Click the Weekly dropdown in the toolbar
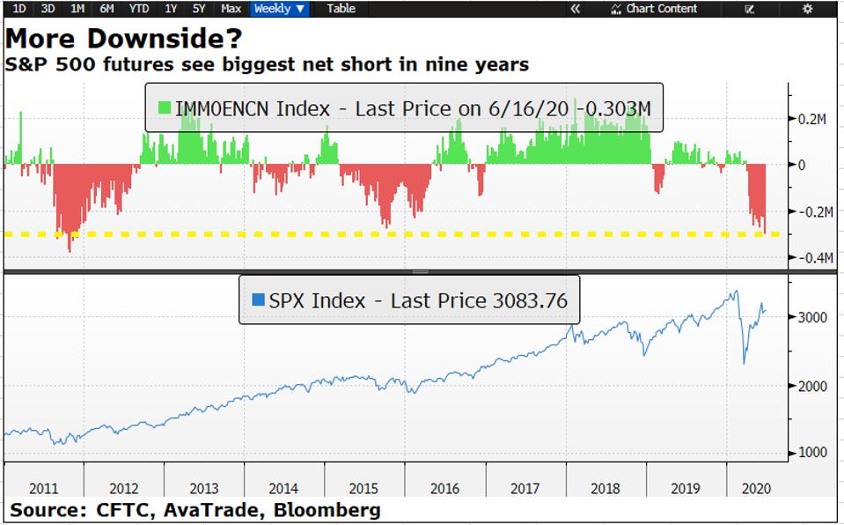[x=280, y=9]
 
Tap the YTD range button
[x=138, y=9]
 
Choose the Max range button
[x=231, y=9]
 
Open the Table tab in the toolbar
[x=341, y=9]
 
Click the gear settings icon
[x=807, y=9]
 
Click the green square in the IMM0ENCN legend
[x=164, y=109]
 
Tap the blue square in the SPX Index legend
[x=258, y=300]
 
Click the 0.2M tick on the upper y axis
[x=810, y=119]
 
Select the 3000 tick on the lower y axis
[x=812, y=317]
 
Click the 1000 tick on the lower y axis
[x=812, y=453]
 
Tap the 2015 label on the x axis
[x=363, y=488]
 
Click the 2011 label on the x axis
[x=44, y=488]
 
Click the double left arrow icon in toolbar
[x=576, y=9]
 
